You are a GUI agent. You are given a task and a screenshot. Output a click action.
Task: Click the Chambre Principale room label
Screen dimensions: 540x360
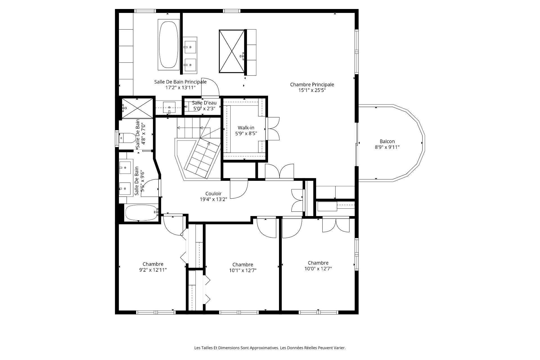click(x=312, y=84)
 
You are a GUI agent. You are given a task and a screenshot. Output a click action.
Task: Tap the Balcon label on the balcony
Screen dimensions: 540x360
click(x=387, y=141)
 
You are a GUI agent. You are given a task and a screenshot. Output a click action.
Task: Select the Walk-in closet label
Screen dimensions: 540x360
click(x=246, y=128)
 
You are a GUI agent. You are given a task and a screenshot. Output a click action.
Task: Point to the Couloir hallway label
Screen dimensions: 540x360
click(x=213, y=193)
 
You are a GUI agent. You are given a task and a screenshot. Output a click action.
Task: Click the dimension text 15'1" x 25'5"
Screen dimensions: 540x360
click(x=312, y=90)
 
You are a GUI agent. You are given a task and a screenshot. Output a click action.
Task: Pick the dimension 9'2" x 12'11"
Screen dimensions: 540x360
click(x=153, y=270)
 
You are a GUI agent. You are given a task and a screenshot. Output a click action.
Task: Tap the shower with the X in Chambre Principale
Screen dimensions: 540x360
click(x=231, y=51)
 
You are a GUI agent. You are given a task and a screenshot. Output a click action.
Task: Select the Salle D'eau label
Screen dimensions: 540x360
click(x=204, y=103)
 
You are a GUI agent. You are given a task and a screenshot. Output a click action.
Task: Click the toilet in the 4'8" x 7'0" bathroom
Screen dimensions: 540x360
click(x=128, y=138)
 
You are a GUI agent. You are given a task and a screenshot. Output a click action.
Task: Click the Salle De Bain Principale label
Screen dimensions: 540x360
click(x=180, y=82)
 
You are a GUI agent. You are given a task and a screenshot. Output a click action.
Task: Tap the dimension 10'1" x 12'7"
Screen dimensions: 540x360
click(x=243, y=271)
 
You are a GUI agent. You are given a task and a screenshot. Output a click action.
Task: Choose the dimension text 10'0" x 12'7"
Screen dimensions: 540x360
click(x=318, y=269)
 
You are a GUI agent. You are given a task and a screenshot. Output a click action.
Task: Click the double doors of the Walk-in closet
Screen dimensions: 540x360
click(x=272, y=128)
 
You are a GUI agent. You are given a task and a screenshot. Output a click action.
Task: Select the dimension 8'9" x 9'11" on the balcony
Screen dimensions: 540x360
click(x=387, y=147)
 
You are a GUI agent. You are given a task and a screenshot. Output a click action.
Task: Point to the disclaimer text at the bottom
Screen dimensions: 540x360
click(x=270, y=348)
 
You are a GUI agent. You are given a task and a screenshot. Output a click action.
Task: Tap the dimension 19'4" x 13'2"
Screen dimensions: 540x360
click(x=213, y=199)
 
